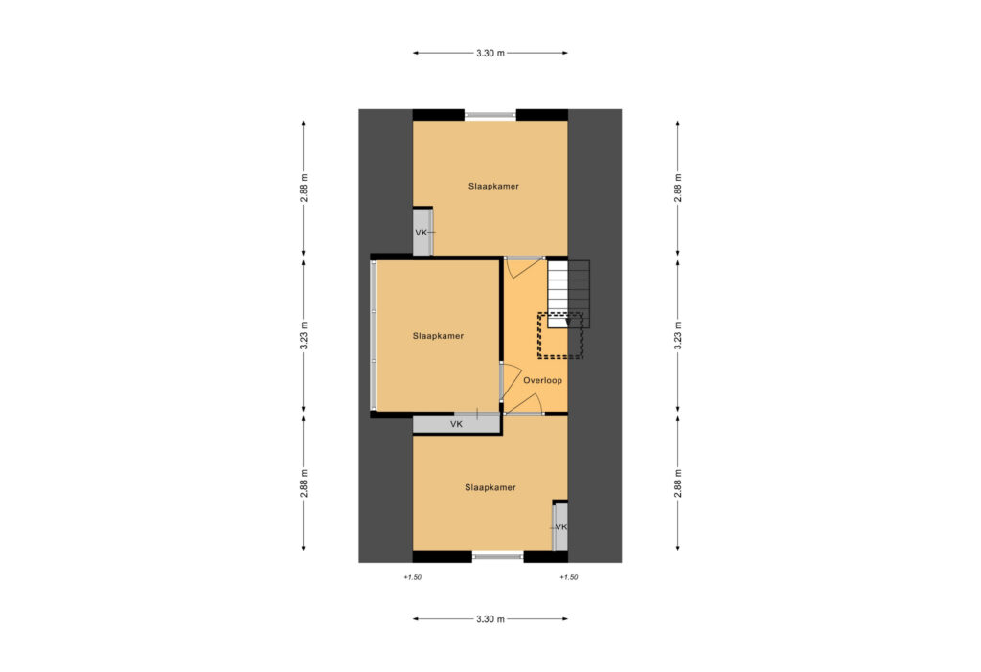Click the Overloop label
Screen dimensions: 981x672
point(542,380)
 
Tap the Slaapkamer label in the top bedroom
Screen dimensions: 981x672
point(493,187)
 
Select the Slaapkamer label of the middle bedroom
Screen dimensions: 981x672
point(438,336)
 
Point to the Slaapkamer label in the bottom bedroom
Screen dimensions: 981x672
point(490,487)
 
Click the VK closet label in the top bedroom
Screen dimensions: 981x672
point(422,233)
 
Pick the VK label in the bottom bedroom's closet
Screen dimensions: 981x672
point(561,526)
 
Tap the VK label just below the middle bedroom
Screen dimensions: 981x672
point(456,424)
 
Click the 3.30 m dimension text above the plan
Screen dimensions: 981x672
point(490,54)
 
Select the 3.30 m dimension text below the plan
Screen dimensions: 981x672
point(490,619)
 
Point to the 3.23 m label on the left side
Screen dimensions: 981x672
point(304,335)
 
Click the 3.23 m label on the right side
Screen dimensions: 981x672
point(678,335)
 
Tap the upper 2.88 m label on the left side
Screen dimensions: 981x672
point(304,188)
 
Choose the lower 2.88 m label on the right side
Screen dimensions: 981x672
point(678,483)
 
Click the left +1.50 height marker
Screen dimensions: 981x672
point(412,577)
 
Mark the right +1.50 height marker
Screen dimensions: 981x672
point(568,577)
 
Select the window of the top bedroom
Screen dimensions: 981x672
point(490,115)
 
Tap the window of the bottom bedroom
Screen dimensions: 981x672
point(498,555)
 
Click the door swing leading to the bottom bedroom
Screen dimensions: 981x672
point(524,404)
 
